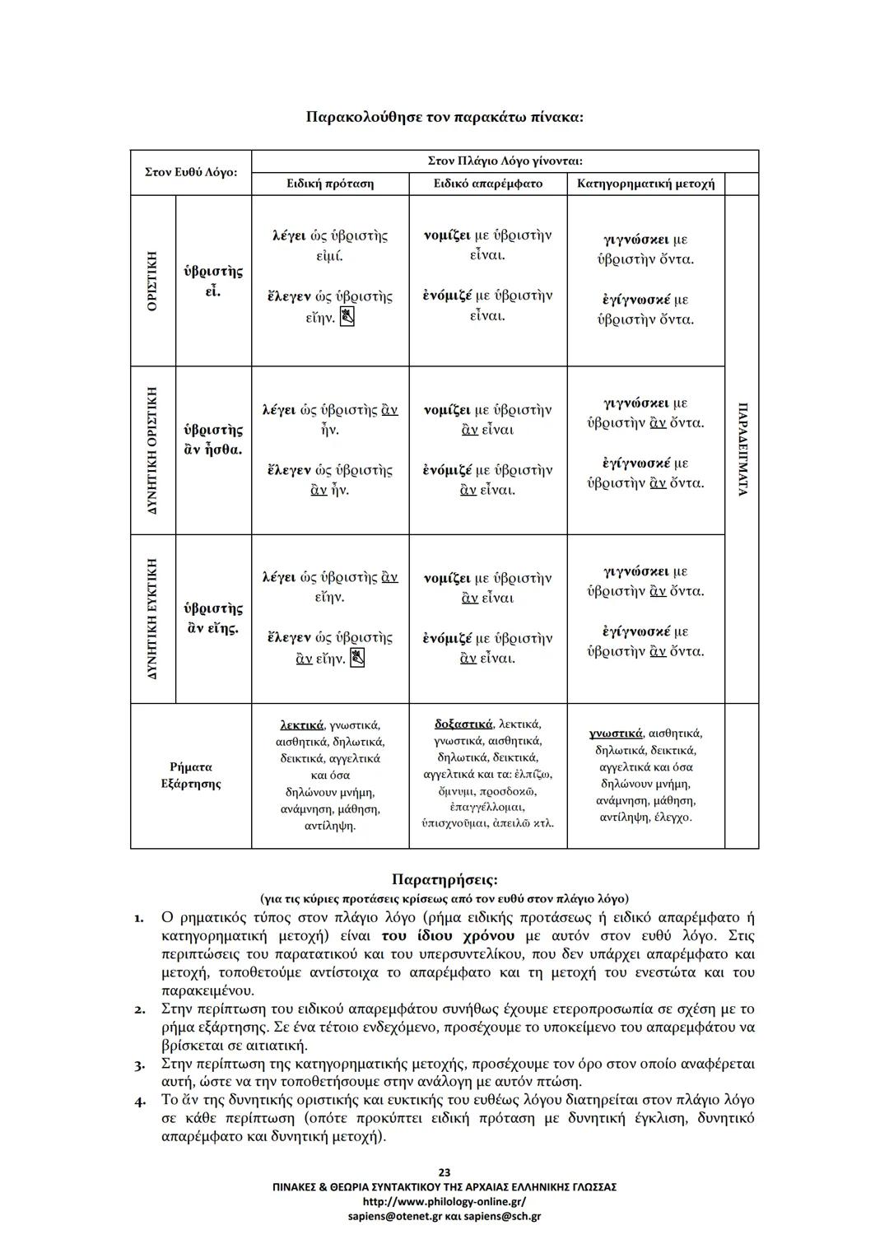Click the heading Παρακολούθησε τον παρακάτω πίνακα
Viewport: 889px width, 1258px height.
[x=444, y=117]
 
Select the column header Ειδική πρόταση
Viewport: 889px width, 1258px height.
[x=329, y=184]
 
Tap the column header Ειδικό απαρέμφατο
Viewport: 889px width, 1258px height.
[x=487, y=184]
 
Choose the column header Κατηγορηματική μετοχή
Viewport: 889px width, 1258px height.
[x=645, y=184]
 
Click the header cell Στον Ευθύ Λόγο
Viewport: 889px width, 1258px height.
[x=190, y=172]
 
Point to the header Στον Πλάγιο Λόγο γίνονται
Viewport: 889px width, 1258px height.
[x=505, y=161]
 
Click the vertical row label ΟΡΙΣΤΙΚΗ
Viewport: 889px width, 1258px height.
[x=152, y=281]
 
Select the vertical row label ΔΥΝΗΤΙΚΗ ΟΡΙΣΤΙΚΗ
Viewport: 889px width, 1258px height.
[x=152, y=450]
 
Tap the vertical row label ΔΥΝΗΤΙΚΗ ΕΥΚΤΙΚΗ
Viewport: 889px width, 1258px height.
[x=152, y=618]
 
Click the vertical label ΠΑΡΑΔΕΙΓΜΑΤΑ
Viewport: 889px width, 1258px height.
[x=742, y=450]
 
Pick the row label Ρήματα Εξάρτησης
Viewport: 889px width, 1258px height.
[x=190, y=776]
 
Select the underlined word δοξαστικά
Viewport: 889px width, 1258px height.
[x=463, y=725]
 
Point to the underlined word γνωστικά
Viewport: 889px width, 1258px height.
[x=616, y=734]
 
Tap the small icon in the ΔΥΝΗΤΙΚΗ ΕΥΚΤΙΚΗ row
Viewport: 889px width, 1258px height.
[x=356, y=658]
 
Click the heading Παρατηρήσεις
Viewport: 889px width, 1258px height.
[x=444, y=881]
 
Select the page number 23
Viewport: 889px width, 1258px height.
[x=444, y=1172]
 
